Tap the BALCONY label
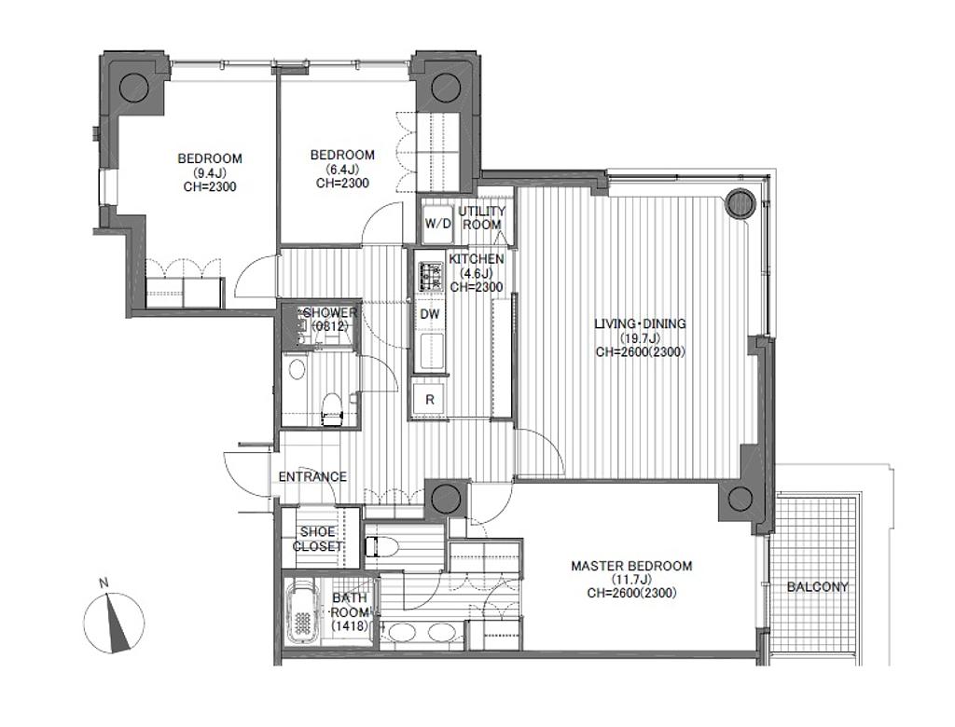[x=817, y=587]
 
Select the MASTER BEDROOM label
[x=631, y=566]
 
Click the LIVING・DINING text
[x=640, y=323]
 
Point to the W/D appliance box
[x=438, y=224]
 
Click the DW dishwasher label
[x=430, y=314]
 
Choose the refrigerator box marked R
[x=430, y=400]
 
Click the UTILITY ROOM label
[x=482, y=217]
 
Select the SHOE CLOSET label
[x=317, y=539]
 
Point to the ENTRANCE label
[x=312, y=477]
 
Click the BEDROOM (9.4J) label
[x=210, y=172]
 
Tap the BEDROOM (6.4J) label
[x=342, y=169]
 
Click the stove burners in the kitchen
[x=431, y=277]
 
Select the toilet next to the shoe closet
[x=381, y=546]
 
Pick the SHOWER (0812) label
[x=329, y=319]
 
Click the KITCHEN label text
[x=477, y=259]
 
